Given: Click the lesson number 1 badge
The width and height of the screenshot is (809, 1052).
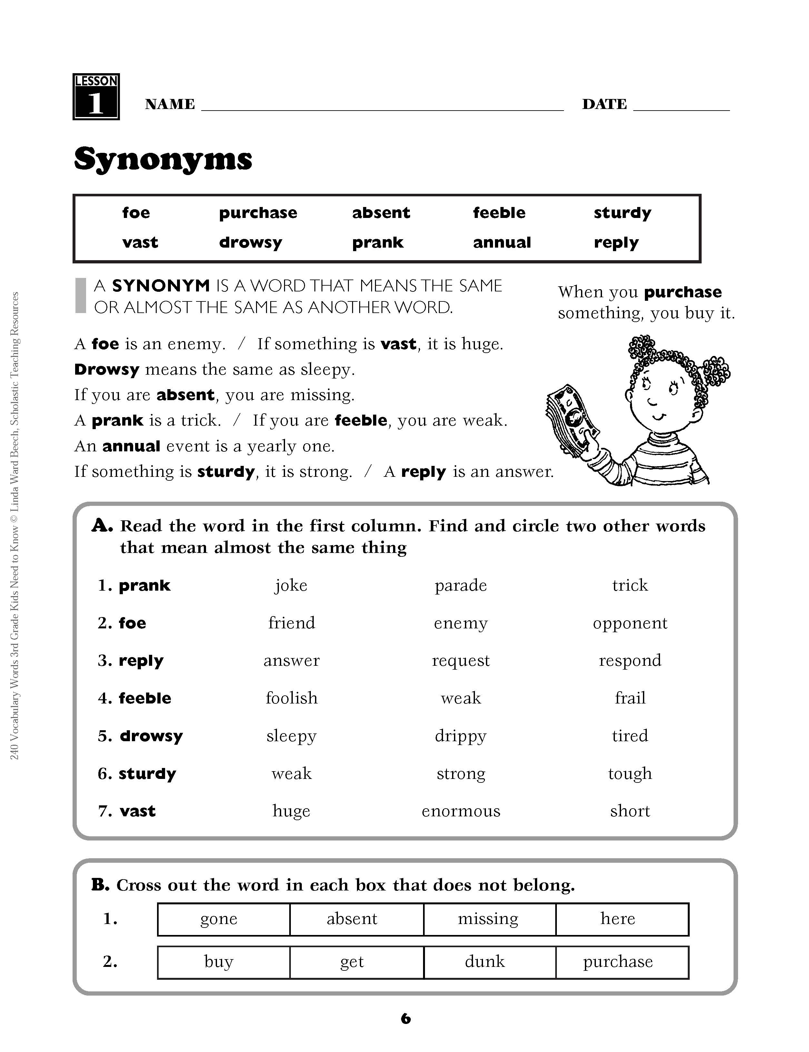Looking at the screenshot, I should click(96, 97).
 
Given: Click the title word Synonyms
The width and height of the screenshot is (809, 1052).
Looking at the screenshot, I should click(163, 159).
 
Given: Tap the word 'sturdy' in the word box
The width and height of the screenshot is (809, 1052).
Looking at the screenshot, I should click(622, 213).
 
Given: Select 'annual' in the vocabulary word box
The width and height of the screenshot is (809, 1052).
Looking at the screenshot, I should click(502, 242).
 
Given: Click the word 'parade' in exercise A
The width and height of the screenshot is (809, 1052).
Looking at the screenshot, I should click(461, 585).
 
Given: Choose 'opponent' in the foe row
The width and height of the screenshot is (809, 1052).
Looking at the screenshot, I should click(630, 623).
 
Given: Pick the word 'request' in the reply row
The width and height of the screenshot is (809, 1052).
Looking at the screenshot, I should click(461, 661).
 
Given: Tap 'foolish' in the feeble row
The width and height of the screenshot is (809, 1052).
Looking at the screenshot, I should click(292, 698).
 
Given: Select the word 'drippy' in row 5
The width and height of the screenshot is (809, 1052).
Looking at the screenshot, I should click(461, 736).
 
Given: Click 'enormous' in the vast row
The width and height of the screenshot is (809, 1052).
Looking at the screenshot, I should click(461, 811).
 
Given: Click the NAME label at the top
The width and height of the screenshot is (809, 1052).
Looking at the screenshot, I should click(170, 104).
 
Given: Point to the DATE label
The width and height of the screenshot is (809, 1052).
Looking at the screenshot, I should click(604, 104).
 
